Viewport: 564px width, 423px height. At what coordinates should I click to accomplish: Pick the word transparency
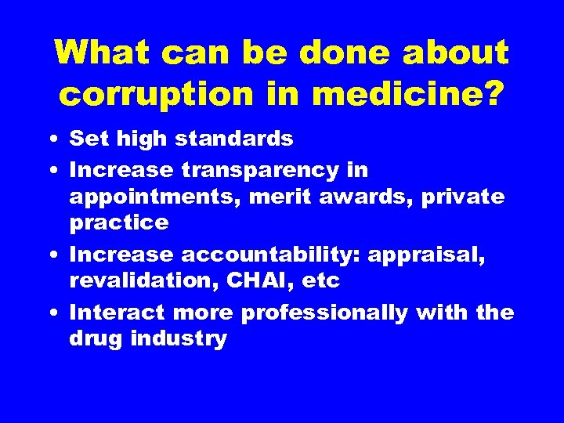[275, 169]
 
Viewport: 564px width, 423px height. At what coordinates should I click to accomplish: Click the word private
[464, 197]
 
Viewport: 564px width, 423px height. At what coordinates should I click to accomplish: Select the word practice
[119, 223]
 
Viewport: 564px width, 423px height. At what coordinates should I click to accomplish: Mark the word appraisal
[424, 255]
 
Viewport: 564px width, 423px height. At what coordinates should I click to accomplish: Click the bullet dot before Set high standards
[49, 140]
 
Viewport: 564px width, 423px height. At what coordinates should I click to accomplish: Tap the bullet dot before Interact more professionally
[49, 313]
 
